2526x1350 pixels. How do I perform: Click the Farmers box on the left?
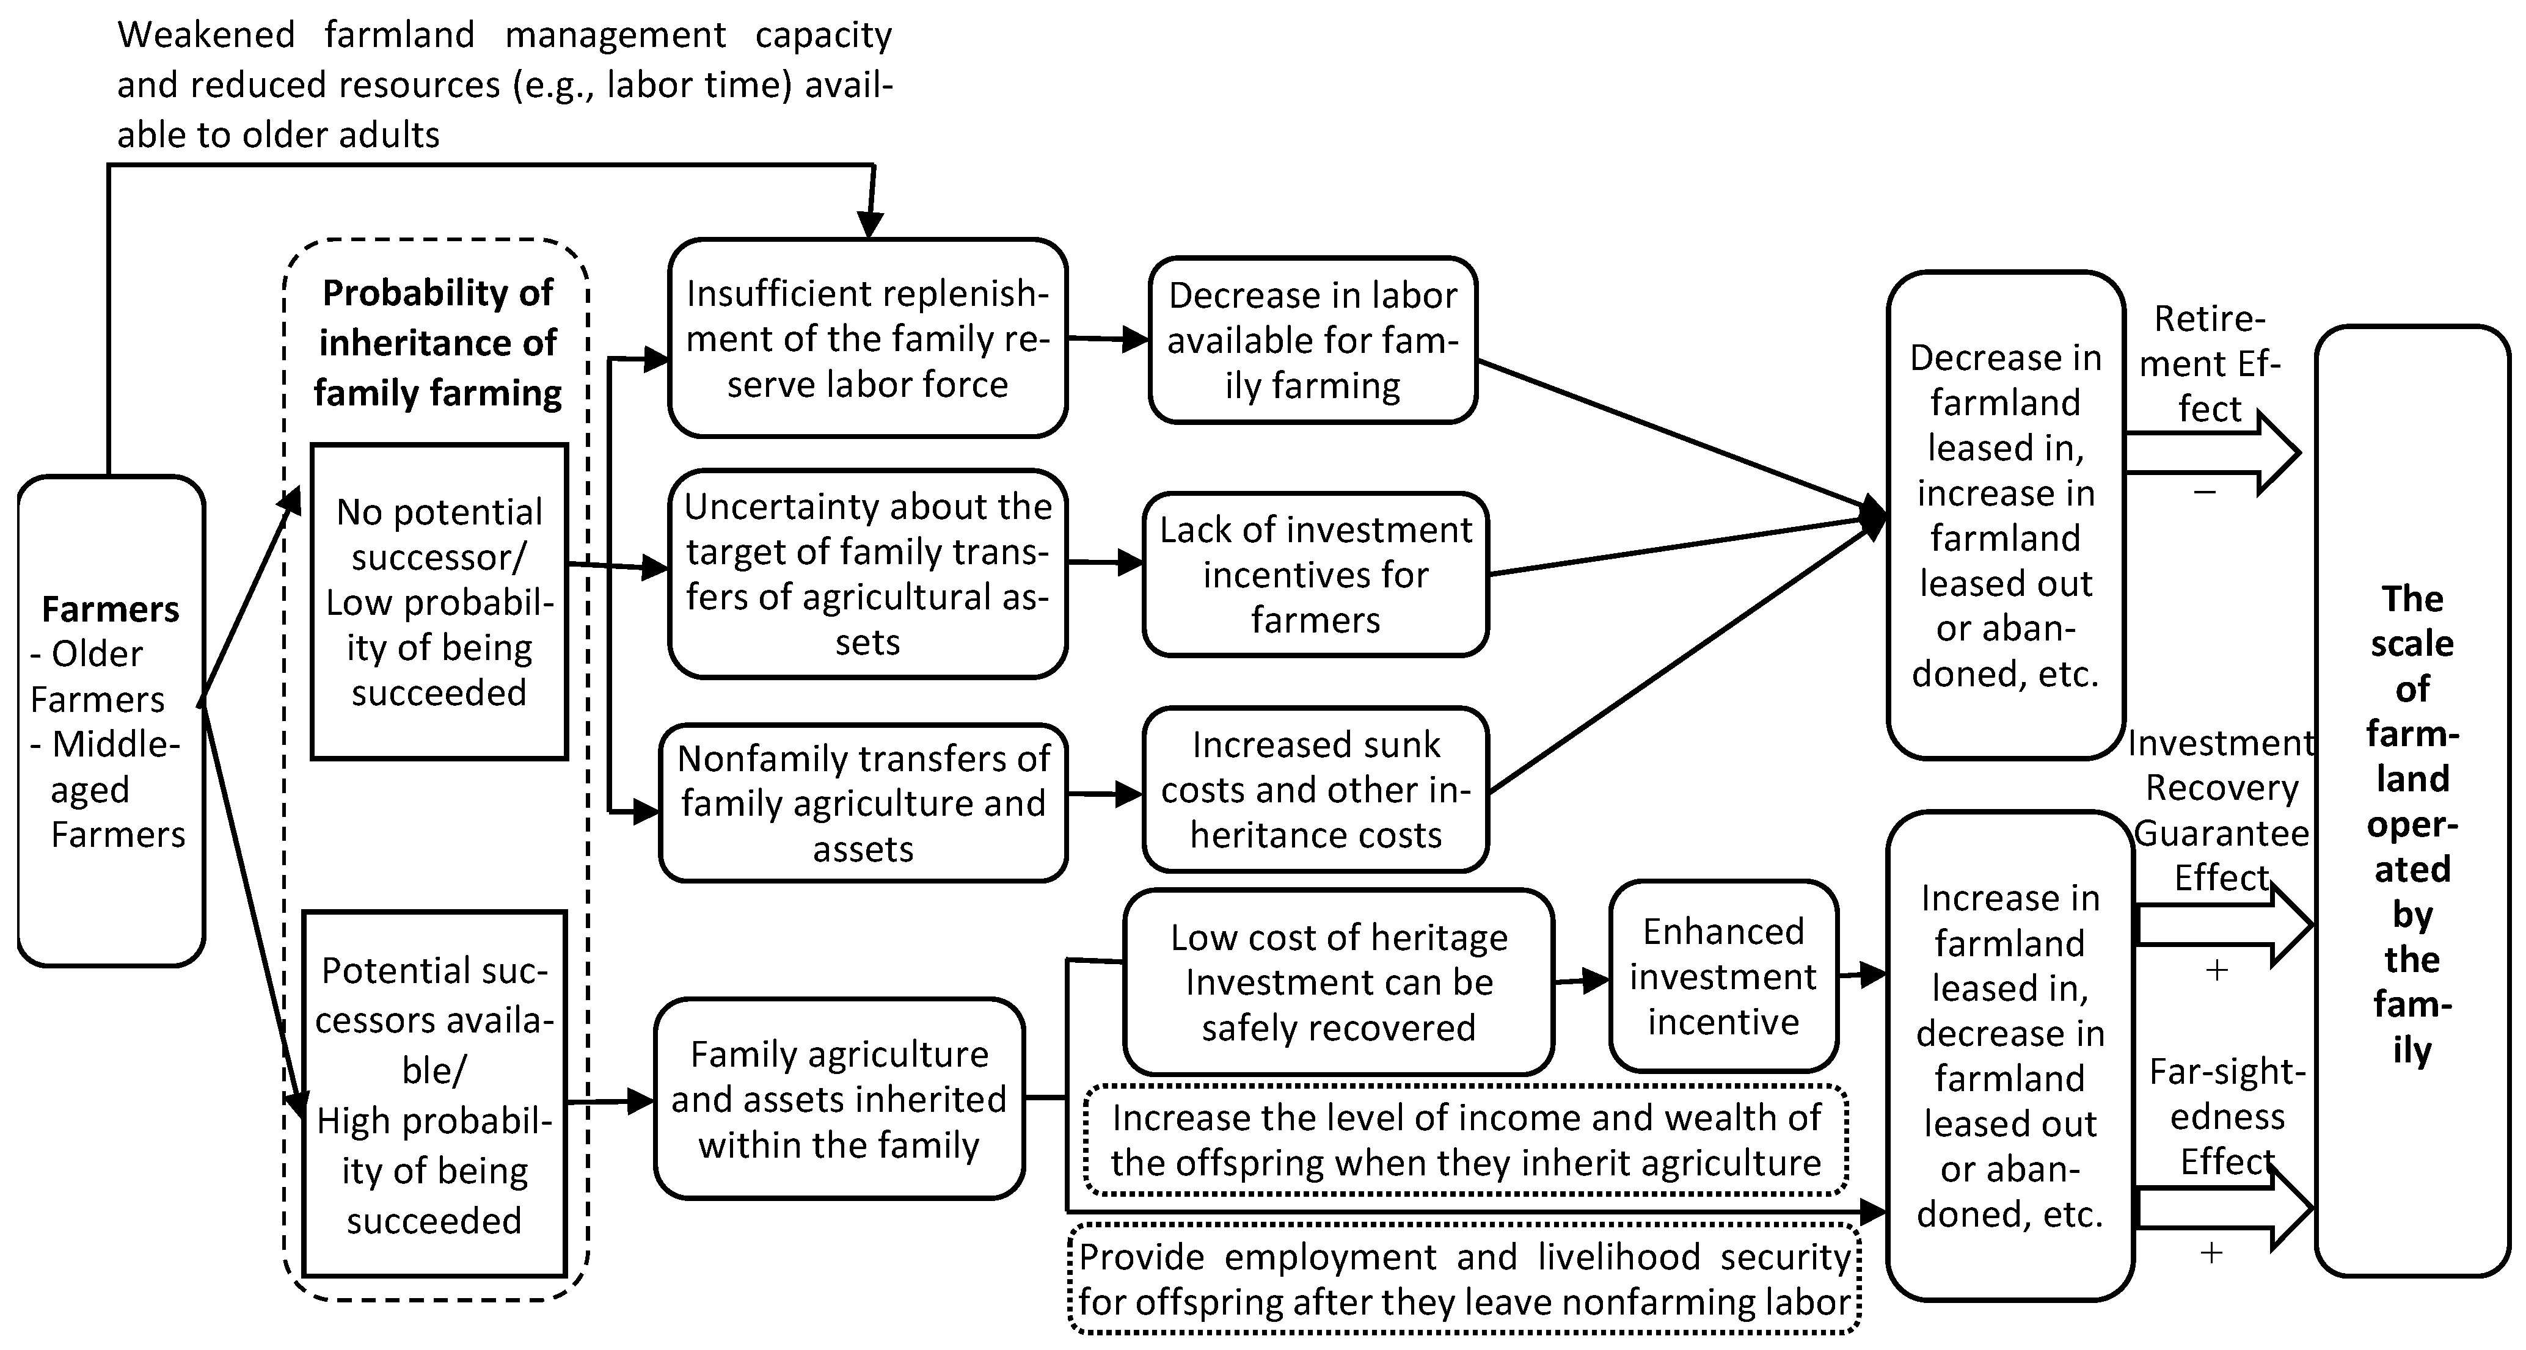tap(111, 720)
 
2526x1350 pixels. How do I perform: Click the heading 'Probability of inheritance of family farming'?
tap(437, 342)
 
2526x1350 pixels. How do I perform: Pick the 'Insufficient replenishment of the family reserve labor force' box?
tap(867, 338)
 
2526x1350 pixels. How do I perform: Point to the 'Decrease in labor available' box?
tap(1312, 340)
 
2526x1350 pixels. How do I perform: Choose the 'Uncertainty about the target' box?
tap(867, 573)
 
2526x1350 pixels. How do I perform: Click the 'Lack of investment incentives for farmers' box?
tap(1315, 575)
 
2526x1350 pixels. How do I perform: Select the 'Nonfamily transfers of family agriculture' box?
tap(863, 803)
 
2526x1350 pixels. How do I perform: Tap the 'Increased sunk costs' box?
tap(1315, 789)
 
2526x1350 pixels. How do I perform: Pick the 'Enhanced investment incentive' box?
tap(1723, 976)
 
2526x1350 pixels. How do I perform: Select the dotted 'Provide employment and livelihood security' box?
tap(1464, 1279)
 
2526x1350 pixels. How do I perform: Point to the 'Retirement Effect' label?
tap(2210, 363)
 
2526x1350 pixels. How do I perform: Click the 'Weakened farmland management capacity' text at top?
tap(504, 84)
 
